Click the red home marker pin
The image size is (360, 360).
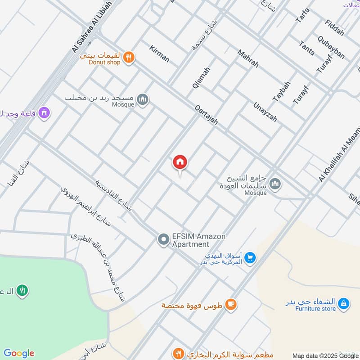click(x=180, y=162)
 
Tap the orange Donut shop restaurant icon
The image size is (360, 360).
click(x=129, y=57)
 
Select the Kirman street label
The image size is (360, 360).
click(x=159, y=54)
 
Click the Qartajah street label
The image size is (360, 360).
click(x=207, y=115)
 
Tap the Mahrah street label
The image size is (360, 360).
click(x=248, y=58)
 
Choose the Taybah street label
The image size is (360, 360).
click(x=282, y=91)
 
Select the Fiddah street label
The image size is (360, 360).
click(x=334, y=28)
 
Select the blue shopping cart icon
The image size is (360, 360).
click(x=251, y=258)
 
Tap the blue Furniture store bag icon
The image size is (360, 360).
click(x=343, y=304)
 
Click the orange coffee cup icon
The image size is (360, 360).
click(x=231, y=305)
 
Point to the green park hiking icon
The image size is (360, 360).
click(x=22, y=291)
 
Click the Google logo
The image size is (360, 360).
click(x=18, y=353)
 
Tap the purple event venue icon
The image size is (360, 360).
click(x=44, y=112)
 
